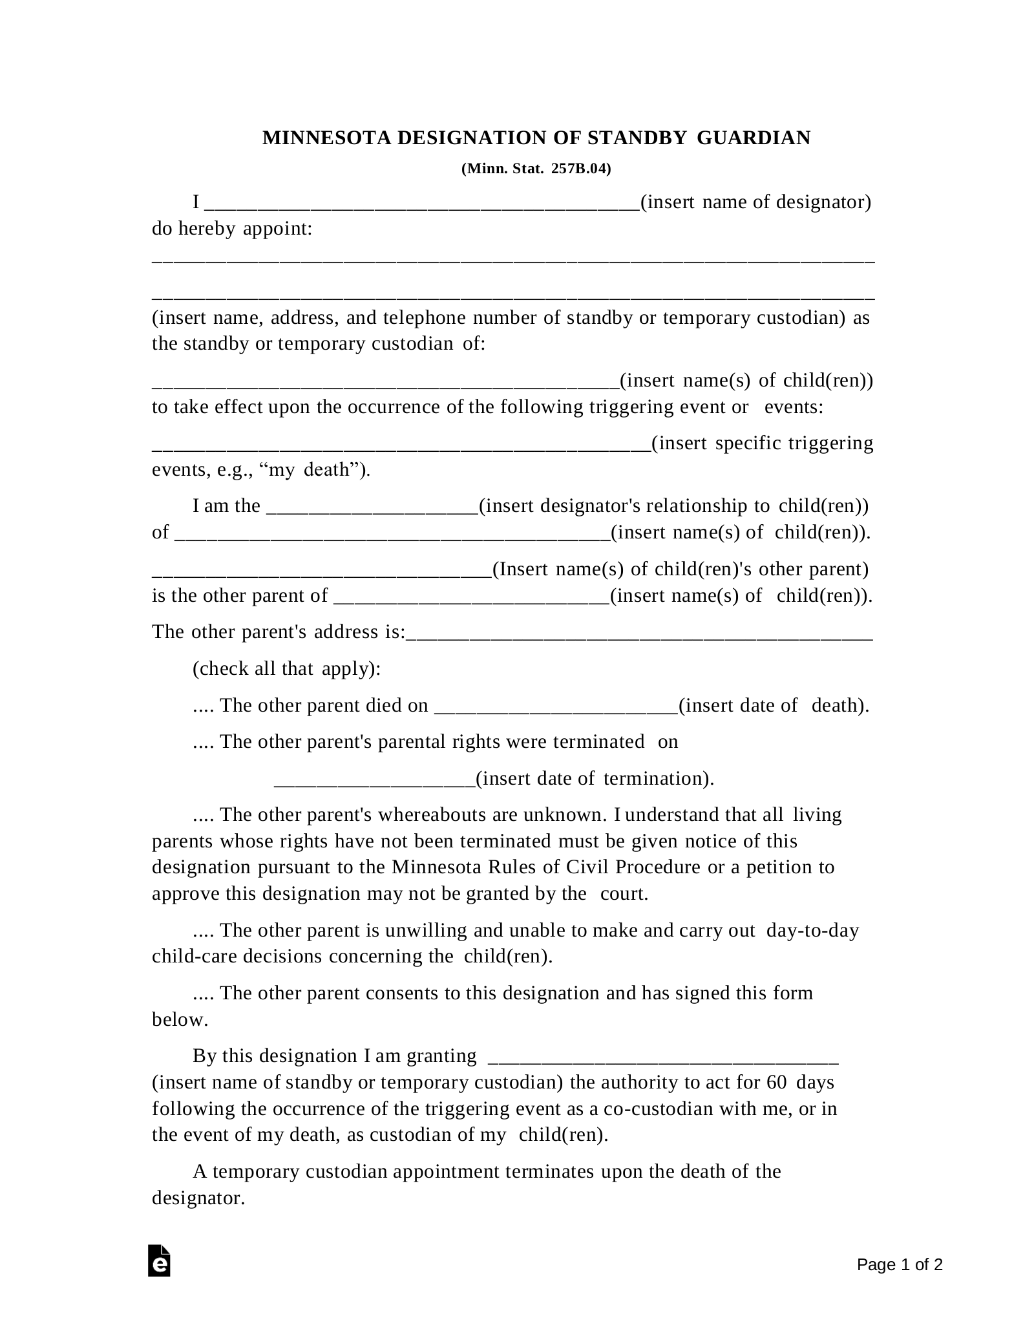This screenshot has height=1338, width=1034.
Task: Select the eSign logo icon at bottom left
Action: click(x=159, y=1260)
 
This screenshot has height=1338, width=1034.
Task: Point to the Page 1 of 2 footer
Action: click(x=900, y=1264)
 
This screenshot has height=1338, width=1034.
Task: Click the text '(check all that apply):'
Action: click(x=286, y=668)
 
